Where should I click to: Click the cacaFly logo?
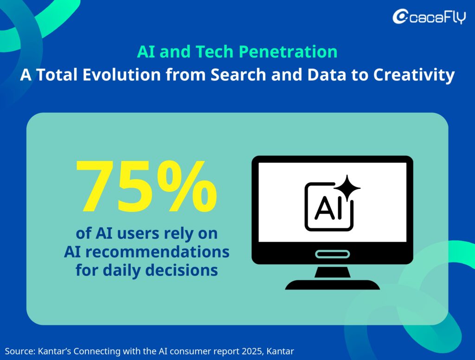point(429,17)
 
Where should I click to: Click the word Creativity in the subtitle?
point(414,75)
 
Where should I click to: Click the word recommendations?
point(157,251)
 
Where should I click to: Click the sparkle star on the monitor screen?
point(347,188)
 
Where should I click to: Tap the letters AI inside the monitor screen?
point(329,209)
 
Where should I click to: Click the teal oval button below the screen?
point(332,254)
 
